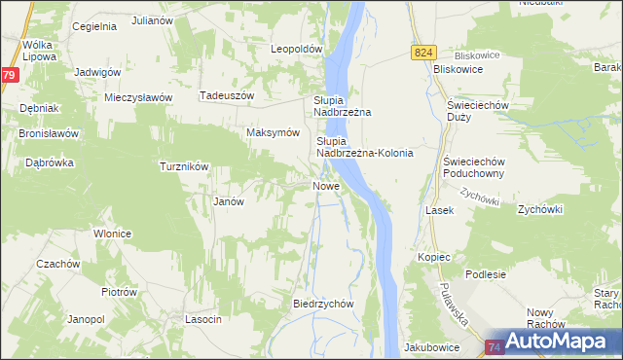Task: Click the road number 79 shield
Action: [x=8, y=75]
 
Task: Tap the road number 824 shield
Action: [x=421, y=53]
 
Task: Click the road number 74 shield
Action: [x=495, y=346]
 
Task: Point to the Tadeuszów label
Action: [x=226, y=95]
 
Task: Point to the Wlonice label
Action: [x=112, y=234]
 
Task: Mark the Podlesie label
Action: [x=486, y=274]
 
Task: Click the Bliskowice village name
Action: [x=460, y=70]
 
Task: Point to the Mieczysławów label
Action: [x=138, y=97]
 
